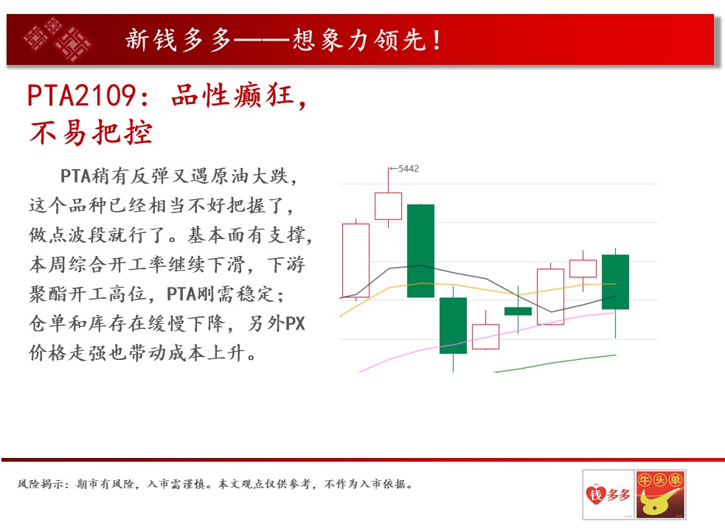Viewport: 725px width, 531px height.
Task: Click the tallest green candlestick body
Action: pyautogui.click(x=420, y=251)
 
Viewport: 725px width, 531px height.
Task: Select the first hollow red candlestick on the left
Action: pyautogui.click(x=355, y=260)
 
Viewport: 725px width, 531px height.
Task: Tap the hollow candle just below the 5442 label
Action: pyautogui.click(x=388, y=206)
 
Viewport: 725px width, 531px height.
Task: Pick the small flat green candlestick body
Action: pyautogui.click(x=518, y=311)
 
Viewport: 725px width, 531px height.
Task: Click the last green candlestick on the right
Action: pyautogui.click(x=615, y=282)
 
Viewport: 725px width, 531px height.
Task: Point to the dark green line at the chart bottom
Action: pyautogui.click(x=555, y=363)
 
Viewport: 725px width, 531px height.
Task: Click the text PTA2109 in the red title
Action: pyautogui.click(x=81, y=96)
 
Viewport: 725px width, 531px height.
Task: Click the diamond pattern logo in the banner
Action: pyautogui.click(x=58, y=39)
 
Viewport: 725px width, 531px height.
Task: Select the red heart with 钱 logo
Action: pyautogui.click(x=595, y=494)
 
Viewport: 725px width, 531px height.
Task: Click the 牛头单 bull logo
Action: pyautogui.click(x=660, y=494)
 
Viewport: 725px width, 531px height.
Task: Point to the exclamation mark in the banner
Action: pyautogui.click(x=437, y=40)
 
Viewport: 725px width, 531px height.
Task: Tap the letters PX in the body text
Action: pyautogui.click(x=295, y=323)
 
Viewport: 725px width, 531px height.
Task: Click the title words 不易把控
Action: pyautogui.click(x=91, y=133)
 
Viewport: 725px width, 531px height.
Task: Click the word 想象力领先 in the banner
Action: pyautogui.click(x=359, y=40)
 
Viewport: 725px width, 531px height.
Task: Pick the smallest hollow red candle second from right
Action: pyautogui.click(x=583, y=268)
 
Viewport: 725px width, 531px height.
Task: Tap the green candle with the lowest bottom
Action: pyautogui.click(x=453, y=326)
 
